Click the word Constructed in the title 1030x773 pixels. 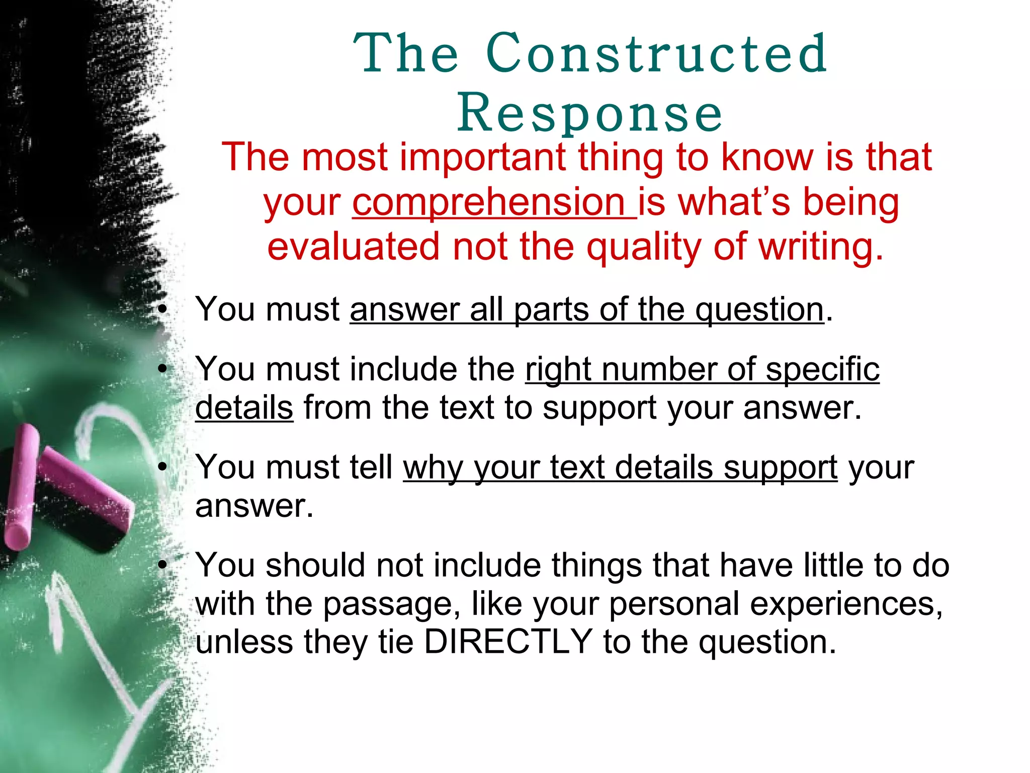[656, 53]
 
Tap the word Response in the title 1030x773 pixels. [589, 114]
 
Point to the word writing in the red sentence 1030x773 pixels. [820, 247]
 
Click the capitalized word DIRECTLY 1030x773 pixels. [508, 641]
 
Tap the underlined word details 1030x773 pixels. [244, 407]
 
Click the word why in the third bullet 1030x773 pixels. [433, 468]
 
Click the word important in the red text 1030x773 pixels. [482, 158]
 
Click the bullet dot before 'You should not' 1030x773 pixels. [162, 565]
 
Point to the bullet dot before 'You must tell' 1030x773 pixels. [162, 468]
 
